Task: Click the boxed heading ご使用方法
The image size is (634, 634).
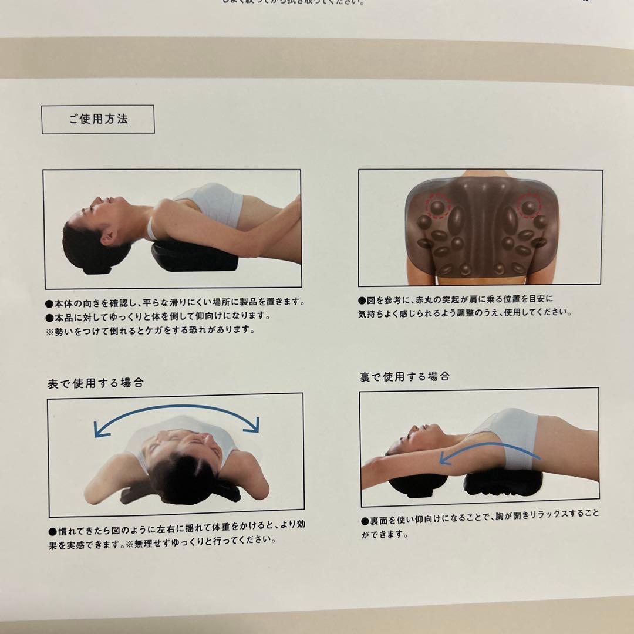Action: (97, 119)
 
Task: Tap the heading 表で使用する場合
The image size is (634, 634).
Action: (95, 383)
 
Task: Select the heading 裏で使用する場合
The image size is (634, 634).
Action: (404, 377)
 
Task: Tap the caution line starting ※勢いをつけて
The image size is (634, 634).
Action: (150, 330)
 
